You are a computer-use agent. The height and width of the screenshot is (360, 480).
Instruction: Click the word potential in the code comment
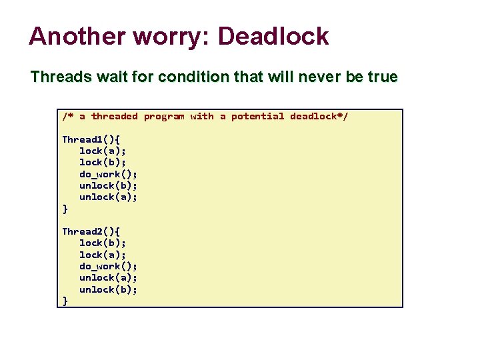coord(257,116)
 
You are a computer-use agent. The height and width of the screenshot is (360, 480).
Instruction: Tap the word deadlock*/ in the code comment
coord(319,116)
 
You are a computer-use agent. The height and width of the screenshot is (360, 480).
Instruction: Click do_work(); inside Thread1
coord(108,174)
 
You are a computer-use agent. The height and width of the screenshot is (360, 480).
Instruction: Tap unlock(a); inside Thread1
coord(108,197)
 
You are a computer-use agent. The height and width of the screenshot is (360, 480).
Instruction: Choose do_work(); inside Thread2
coord(108,266)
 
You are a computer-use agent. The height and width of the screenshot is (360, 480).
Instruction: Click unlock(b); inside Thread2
coord(108,289)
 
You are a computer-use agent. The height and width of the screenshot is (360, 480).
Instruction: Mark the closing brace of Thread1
coord(65,209)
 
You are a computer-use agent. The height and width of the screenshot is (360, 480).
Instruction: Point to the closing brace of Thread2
coord(65,301)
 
